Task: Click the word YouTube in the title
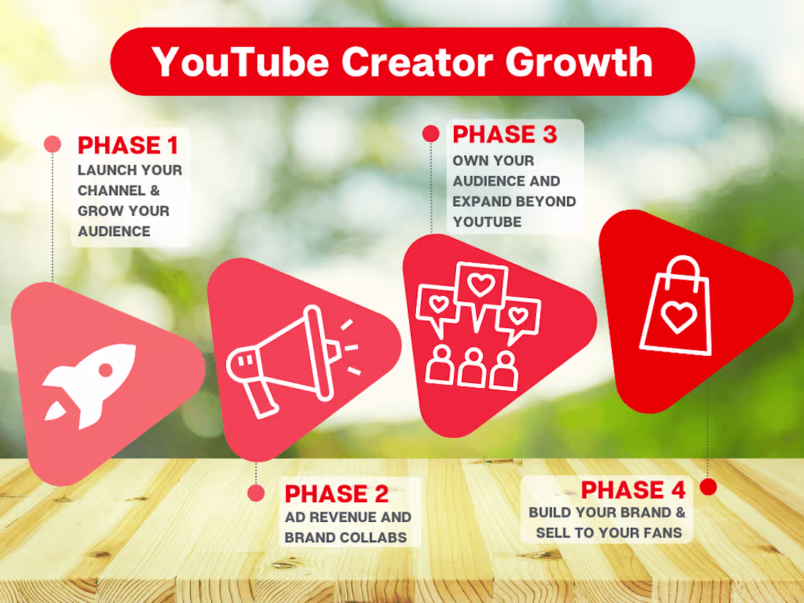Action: coord(240,61)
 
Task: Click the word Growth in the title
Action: coord(577,61)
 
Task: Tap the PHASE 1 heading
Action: coord(128,145)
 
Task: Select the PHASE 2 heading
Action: coord(336,494)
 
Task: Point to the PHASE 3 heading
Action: coord(504,134)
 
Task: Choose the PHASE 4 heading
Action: coord(634,490)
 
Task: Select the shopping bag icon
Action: coord(675,307)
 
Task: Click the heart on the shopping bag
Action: coord(677,317)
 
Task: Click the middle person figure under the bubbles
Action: coord(473,367)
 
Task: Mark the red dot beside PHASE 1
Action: coord(53,144)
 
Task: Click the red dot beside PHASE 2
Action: coord(256,493)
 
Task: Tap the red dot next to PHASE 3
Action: coord(431,134)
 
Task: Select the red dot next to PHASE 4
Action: coord(708,487)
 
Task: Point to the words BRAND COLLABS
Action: coord(346,537)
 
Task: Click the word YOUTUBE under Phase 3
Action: coord(487,221)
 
